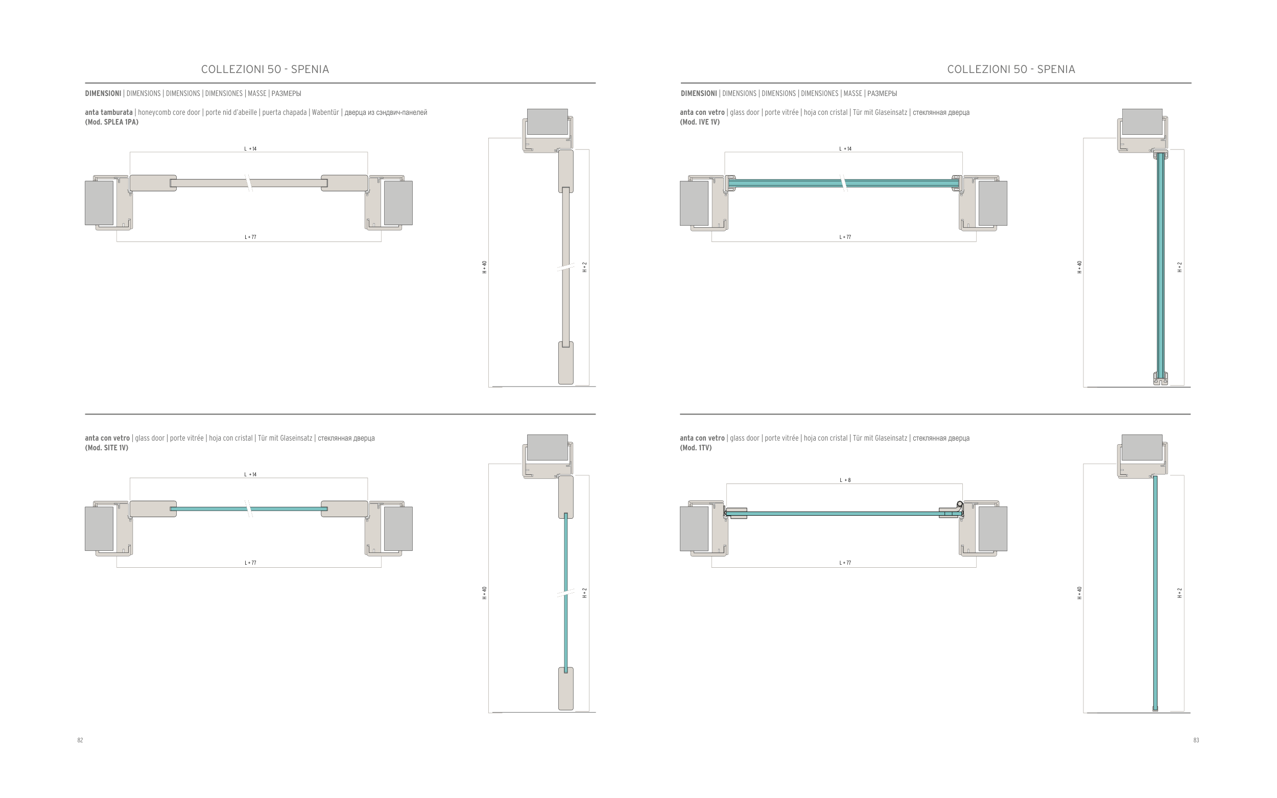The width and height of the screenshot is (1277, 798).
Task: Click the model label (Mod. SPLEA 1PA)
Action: point(111,122)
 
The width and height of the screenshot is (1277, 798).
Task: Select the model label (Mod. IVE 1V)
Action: point(699,122)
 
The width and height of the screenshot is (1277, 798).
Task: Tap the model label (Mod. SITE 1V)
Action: point(106,448)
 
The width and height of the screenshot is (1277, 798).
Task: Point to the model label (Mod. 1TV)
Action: point(695,448)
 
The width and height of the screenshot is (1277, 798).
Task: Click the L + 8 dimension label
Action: point(845,480)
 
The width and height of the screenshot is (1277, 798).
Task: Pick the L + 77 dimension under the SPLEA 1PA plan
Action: point(250,237)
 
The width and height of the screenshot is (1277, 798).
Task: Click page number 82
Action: point(80,740)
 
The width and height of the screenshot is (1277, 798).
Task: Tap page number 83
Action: point(1196,740)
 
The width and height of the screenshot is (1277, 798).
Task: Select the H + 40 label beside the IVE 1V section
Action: point(1079,267)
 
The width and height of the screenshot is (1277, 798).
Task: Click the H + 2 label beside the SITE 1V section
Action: point(585,593)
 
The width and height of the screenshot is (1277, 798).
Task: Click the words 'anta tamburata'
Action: point(109,112)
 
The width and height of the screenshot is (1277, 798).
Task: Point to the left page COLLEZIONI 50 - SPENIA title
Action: point(265,69)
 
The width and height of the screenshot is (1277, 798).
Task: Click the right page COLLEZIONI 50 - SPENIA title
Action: point(1011,69)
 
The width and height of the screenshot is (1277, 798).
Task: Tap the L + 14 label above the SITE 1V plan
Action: point(250,474)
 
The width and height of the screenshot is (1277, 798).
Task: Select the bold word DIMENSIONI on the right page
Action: point(698,93)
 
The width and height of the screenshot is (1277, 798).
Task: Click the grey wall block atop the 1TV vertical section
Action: point(1142,448)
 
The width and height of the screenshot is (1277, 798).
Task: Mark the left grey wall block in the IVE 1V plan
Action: point(694,203)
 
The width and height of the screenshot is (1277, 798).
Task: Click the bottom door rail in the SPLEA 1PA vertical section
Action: point(566,363)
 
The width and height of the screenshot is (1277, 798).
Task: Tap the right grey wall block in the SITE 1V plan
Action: point(398,529)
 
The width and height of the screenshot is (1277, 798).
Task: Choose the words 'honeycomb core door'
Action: point(169,112)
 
